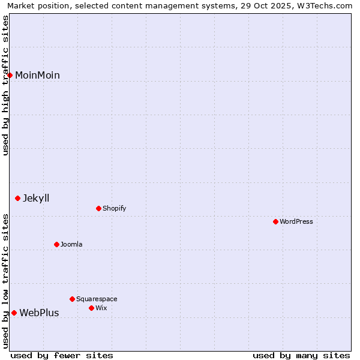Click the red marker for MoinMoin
tap(10, 75)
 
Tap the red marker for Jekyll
tap(18, 198)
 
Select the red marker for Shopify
tap(99, 208)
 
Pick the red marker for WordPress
tap(276, 221)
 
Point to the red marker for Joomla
tap(57, 244)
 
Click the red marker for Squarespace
tap(73, 299)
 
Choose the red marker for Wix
tap(92, 308)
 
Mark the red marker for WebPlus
tap(14, 313)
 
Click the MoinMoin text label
tap(37, 75)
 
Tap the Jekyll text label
tap(36, 198)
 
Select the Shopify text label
tap(114, 208)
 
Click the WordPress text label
tap(296, 221)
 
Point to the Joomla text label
tap(71, 244)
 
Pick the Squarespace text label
tap(97, 299)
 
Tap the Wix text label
tap(101, 308)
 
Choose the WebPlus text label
tap(39, 313)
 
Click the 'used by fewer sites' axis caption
tap(62, 355)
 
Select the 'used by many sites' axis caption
tap(301, 355)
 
